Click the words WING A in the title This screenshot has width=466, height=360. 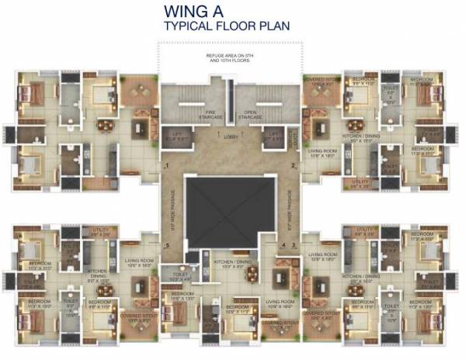point(201,11)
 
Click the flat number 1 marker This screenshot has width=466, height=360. point(167,165)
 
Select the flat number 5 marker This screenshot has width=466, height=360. point(167,247)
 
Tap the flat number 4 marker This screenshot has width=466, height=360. point(284,246)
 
